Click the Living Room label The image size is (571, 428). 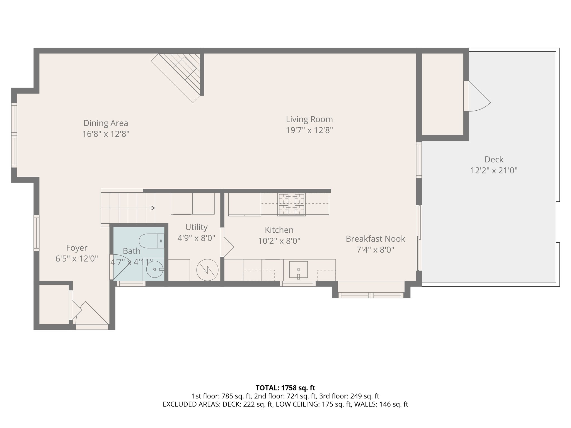pos(309,119)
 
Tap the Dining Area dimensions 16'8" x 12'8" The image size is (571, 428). pos(106,134)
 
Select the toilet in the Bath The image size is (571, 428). pos(151,241)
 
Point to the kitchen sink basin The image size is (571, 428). pos(298,269)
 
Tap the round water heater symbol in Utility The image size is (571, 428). pos(207,270)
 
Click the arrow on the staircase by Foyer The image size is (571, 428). pos(153,208)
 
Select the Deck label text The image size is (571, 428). pos(494,159)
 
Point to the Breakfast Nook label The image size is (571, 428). pos(375,239)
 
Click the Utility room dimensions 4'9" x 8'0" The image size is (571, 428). pos(196,238)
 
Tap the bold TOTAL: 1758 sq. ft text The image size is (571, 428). pos(285,388)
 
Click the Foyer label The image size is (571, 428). pos(77,248)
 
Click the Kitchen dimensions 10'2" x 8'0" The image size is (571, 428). pos(279,241)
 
